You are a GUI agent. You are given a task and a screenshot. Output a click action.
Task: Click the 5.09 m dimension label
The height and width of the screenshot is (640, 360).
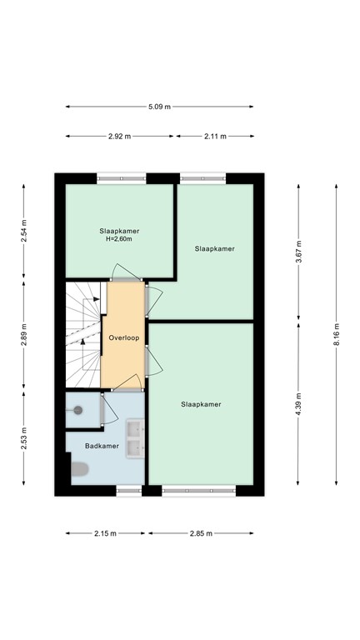pyautogui.click(x=159, y=107)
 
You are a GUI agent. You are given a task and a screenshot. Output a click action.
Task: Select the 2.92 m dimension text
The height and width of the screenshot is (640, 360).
pyautogui.click(x=120, y=137)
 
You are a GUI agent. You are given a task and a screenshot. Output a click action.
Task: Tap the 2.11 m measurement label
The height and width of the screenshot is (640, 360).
pyautogui.click(x=215, y=137)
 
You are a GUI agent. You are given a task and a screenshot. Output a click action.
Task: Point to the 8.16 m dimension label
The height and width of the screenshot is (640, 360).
pyautogui.click(x=337, y=335)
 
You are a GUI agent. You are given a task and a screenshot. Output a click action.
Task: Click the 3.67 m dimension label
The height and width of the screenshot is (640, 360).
pyautogui.click(x=298, y=252)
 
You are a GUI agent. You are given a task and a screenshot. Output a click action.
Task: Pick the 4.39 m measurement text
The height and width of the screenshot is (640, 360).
pyautogui.click(x=298, y=404)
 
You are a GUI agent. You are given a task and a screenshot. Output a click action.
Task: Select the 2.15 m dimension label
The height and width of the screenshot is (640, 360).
pyautogui.click(x=105, y=533)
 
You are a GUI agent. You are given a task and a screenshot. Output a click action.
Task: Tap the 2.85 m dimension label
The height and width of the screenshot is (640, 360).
pyautogui.click(x=201, y=533)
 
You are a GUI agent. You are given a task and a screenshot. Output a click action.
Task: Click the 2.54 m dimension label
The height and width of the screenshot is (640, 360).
pyautogui.click(x=23, y=231)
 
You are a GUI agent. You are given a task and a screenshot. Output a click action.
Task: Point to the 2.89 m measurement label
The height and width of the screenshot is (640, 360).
pyautogui.click(x=23, y=335)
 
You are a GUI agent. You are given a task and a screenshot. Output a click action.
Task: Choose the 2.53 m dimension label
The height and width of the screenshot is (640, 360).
pyautogui.click(x=23, y=438)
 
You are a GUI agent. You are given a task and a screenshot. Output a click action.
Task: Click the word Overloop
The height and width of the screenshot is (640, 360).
pyautogui.click(x=123, y=338)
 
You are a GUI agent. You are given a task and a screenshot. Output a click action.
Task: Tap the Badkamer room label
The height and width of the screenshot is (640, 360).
pyautogui.click(x=102, y=446)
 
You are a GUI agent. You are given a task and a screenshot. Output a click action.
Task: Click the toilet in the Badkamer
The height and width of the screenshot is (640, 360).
pyautogui.click(x=80, y=469)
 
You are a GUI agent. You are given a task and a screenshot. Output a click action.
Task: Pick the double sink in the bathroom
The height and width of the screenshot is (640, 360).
pyautogui.click(x=135, y=439)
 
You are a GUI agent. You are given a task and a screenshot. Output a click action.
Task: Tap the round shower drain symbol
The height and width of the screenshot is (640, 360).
pyautogui.click(x=78, y=410)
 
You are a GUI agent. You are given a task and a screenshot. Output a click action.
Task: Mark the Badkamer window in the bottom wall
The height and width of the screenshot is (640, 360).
pyautogui.click(x=129, y=491)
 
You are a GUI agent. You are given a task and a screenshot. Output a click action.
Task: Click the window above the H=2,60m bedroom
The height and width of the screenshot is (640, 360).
pyautogui.click(x=121, y=178)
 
